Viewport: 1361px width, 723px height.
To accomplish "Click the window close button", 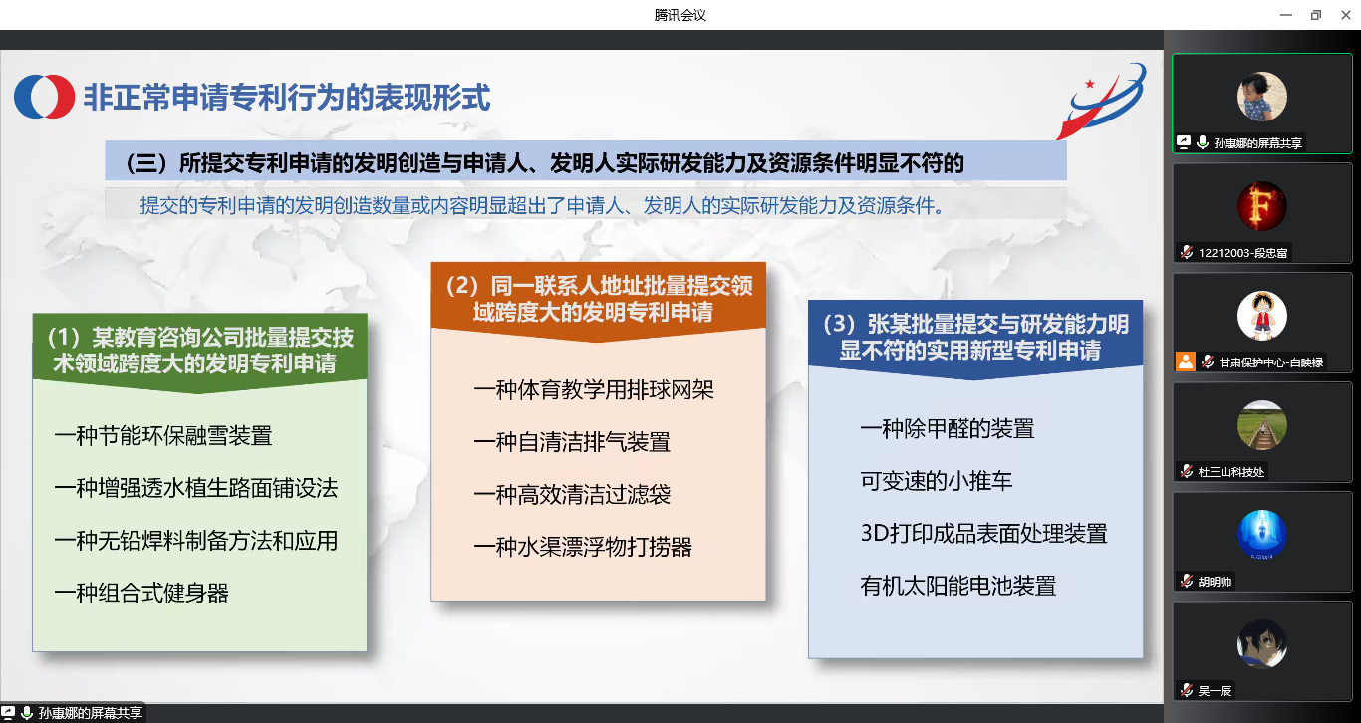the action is tap(1346, 15).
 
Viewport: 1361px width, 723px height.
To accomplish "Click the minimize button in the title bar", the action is tap(1286, 15).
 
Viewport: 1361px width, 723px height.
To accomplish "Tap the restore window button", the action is tap(1316, 15).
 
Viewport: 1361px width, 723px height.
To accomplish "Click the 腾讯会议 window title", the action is tap(680, 15).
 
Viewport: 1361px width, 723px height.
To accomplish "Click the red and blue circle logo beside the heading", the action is tap(45, 97).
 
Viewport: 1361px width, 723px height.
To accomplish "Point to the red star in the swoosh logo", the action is tap(1090, 84).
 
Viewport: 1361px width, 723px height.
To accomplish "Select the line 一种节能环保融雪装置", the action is tap(163, 436).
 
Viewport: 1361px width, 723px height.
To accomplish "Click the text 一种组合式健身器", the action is tap(141, 594).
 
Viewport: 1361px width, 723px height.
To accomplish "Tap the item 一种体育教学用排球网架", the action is tap(594, 389).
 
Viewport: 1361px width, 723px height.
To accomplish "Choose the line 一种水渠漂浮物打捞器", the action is tap(583, 547).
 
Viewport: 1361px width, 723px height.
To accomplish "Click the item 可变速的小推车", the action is tap(937, 481).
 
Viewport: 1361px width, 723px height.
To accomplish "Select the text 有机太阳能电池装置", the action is tap(958, 586).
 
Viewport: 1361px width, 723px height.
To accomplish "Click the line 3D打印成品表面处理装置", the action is tap(983, 534).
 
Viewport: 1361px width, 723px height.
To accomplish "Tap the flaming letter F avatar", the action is tap(1262, 206).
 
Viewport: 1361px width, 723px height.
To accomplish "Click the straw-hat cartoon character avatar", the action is tap(1262, 316).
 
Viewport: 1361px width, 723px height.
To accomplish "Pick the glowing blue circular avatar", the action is tap(1262, 535).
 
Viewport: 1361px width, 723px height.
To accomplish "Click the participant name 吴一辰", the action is tap(1215, 691).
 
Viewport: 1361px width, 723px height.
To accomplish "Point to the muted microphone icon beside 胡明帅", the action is tap(1187, 581).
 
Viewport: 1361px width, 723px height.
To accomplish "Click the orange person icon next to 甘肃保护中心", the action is tap(1186, 361).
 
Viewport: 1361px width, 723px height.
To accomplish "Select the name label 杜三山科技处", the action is tap(1230, 472).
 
